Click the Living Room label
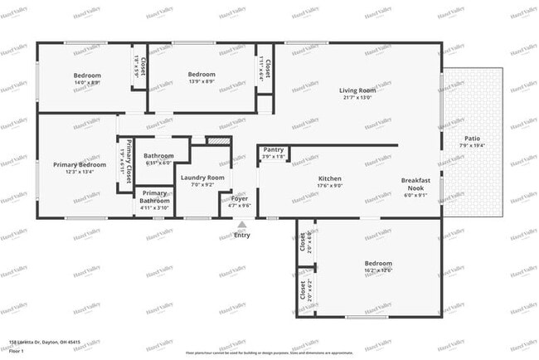(x=357, y=90)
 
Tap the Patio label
(x=472, y=139)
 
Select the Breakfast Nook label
(x=415, y=180)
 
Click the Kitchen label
(x=330, y=179)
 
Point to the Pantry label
(x=274, y=150)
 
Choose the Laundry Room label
(x=202, y=178)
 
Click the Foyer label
(x=240, y=199)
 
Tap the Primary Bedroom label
(x=80, y=165)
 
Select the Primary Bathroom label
(x=154, y=197)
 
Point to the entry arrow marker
(x=242, y=224)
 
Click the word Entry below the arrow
(x=242, y=236)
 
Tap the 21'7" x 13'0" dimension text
(x=357, y=98)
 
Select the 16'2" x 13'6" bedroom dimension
(x=377, y=270)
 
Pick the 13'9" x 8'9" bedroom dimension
(x=202, y=81)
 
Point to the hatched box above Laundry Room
(x=217, y=142)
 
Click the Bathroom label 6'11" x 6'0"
(x=158, y=163)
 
